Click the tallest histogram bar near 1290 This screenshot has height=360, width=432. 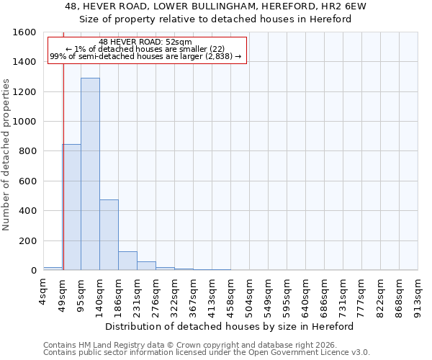tap(90, 174)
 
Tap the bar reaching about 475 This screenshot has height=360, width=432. tap(109, 235)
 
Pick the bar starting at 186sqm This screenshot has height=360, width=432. tap(127, 261)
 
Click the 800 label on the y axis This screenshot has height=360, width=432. tap(28, 151)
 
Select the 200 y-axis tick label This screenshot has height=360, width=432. tap(28, 240)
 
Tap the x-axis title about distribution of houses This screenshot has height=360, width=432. tap(230, 326)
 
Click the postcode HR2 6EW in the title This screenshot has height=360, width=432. tap(346, 7)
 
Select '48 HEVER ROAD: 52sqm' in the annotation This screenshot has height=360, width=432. tap(145, 42)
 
